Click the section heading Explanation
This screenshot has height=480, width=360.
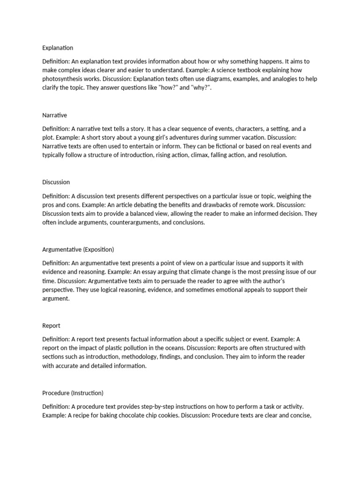[58, 48]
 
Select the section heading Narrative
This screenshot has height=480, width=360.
[54, 115]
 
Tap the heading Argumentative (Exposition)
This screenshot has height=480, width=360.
[78, 249]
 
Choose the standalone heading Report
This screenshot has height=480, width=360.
[51, 325]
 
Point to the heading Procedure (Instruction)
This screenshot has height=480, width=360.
[73, 393]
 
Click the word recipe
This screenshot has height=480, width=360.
[82, 415]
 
